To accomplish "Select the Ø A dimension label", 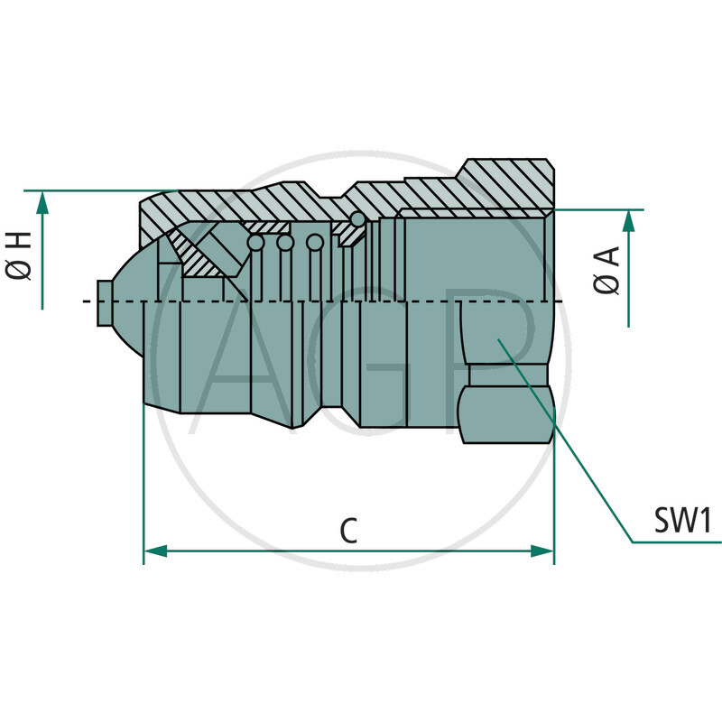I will click(607, 270).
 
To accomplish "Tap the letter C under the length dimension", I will click(348, 531).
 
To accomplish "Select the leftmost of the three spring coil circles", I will click(256, 243).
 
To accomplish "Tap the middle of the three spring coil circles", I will click(285, 243).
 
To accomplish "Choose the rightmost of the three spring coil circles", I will click(314, 243).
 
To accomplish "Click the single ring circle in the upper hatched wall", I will click(358, 219).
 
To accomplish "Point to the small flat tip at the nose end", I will click(101, 301).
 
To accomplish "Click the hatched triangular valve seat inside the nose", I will click(200, 255).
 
